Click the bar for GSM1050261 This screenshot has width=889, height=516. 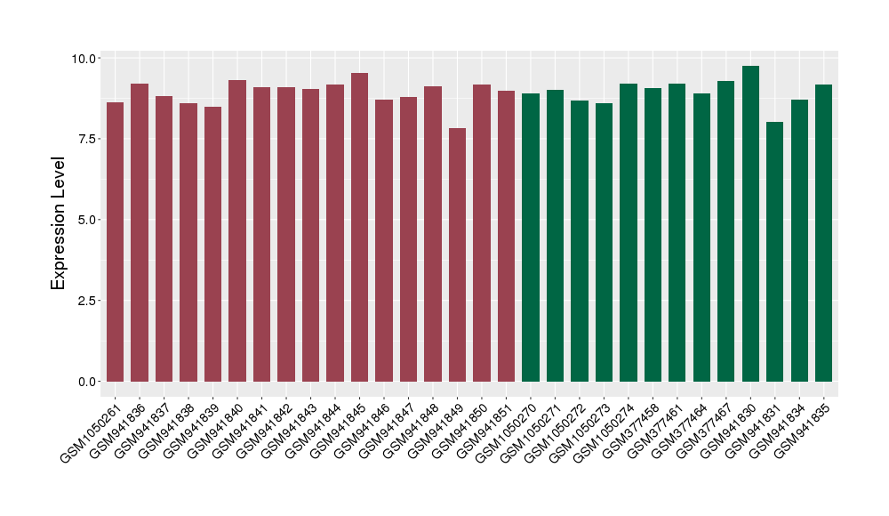click(x=115, y=242)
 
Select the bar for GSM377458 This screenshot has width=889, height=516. click(x=653, y=235)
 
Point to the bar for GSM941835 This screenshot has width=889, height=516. click(x=824, y=233)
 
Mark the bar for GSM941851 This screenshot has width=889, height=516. click(x=506, y=237)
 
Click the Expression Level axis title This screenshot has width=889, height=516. click(x=59, y=223)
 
